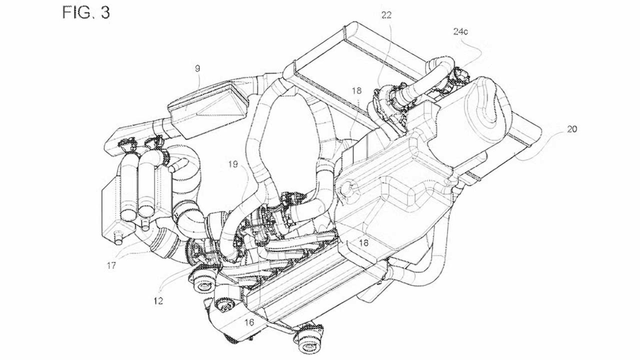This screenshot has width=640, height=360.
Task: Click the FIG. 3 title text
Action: (x=86, y=13)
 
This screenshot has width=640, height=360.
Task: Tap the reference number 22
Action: (x=386, y=15)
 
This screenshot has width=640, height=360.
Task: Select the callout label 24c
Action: (x=460, y=32)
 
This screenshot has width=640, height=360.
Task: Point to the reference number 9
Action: (x=197, y=69)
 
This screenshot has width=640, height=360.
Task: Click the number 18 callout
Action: (x=356, y=91)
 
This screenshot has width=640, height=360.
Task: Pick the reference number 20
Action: (x=572, y=129)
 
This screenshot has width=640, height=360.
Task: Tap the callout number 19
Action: (x=233, y=164)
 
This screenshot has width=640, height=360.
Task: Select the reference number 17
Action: (x=111, y=266)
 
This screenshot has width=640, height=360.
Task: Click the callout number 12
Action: (x=158, y=301)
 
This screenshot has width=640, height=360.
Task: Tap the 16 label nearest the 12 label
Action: (x=249, y=322)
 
